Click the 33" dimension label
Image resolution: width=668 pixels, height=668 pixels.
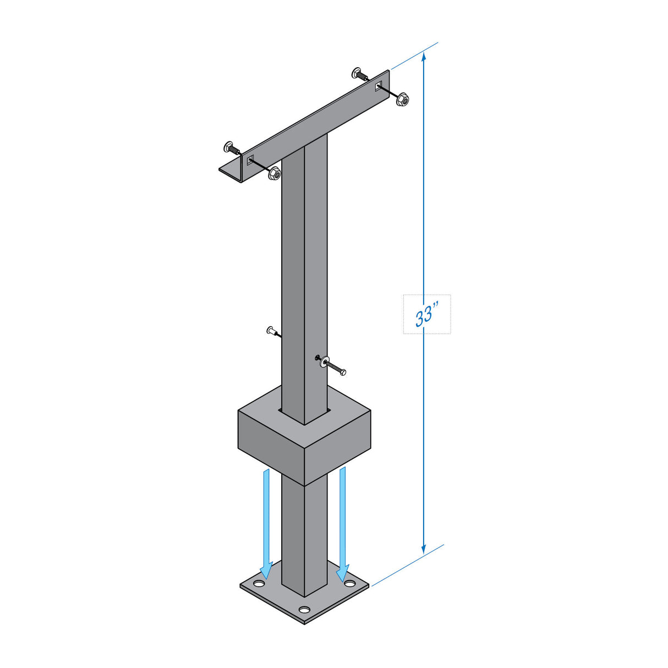tap(426, 315)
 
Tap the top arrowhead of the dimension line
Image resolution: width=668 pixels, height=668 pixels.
tap(423, 57)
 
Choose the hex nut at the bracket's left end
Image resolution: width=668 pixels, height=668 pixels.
tap(274, 174)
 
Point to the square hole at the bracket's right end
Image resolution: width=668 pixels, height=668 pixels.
tap(379, 86)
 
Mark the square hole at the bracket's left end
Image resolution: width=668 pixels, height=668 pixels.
tap(251, 160)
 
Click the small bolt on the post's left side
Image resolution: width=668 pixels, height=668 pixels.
tap(271, 331)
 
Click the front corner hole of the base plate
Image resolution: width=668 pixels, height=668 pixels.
tap(304, 610)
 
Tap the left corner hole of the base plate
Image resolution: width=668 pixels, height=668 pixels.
tap(258, 583)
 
